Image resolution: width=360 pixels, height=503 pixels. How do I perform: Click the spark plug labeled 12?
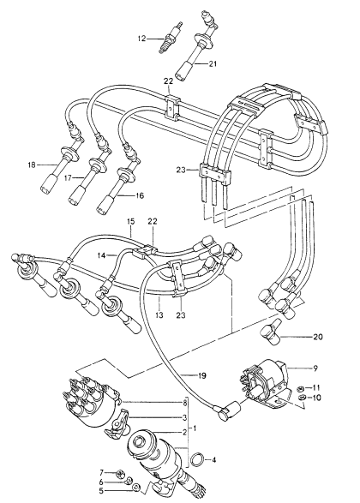click(x=171, y=38)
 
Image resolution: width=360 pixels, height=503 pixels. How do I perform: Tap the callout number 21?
click(x=212, y=63)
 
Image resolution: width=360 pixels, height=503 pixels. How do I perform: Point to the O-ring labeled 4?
click(x=197, y=459)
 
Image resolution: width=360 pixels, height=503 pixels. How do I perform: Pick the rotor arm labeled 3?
click(x=117, y=423)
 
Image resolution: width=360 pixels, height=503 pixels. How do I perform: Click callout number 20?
click(x=318, y=337)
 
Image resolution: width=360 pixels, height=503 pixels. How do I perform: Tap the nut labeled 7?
click(x=120, y=473)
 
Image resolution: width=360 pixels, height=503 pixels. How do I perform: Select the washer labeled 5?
click(x=136, y=488)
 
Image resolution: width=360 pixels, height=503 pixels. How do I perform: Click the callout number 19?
click(x=201, y=375)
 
